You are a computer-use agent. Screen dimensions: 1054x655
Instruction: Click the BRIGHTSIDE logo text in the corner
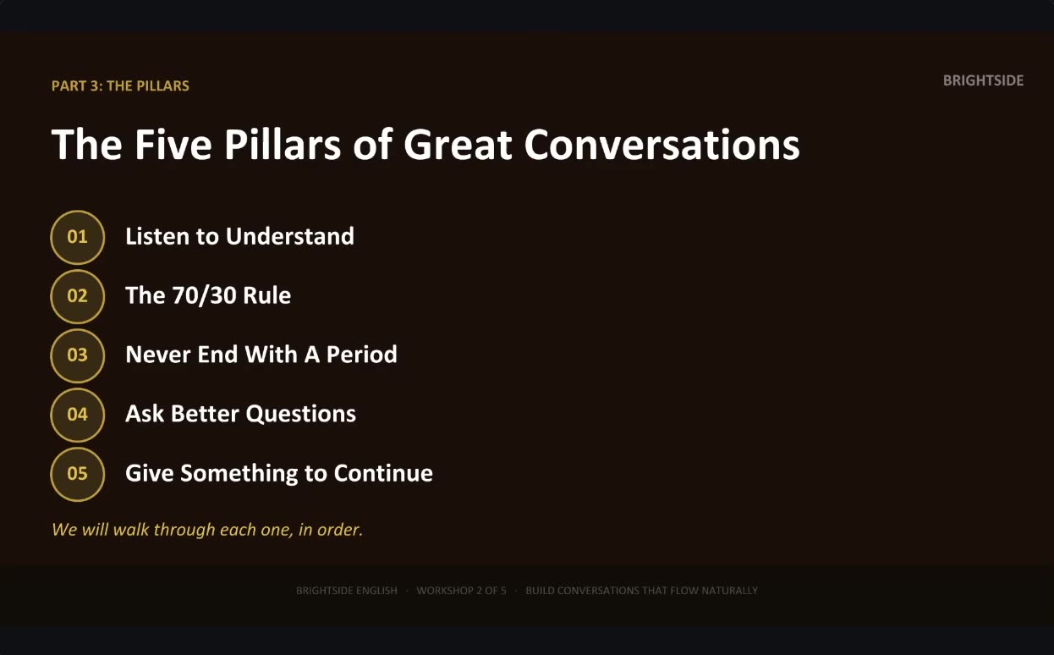pyautogui.click(x=983, y=80)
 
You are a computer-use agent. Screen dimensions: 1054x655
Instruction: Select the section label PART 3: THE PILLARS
pyautogui.click(x=120, y=85)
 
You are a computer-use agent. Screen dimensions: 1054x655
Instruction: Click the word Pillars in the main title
pyautogui.click(x=283, y=144)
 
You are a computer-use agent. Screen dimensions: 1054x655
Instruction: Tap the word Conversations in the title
pyautogui.click(x=661, y=144)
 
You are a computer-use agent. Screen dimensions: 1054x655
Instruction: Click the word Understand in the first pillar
pyautogui.click(x=290, y=236)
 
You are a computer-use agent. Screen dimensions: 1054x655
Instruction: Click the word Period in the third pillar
pyautogui.click(x=361, y=354)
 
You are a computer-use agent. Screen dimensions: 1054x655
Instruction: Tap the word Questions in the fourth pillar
pyautogui.click(x=300, y=414)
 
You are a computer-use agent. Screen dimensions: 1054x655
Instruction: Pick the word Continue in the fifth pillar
pyautogui.click(x=383, y=473)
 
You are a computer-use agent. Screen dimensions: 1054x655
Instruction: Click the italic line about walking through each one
pyautogui.click(x=207, y=530)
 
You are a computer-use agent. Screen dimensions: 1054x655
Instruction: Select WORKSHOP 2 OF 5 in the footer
pyautogui.click(x=461, y=591)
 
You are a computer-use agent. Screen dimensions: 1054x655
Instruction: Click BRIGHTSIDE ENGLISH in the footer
pyautogui.click(x=346, y=591)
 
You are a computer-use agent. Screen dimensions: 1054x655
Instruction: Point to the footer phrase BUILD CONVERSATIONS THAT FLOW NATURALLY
pyautogui.click(x=641, y=591)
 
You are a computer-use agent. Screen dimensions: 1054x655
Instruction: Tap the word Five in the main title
pyautogui.click(x=173, y=144)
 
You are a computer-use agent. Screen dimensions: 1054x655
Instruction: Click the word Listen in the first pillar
pyautogui.click(x=157, y=236)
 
